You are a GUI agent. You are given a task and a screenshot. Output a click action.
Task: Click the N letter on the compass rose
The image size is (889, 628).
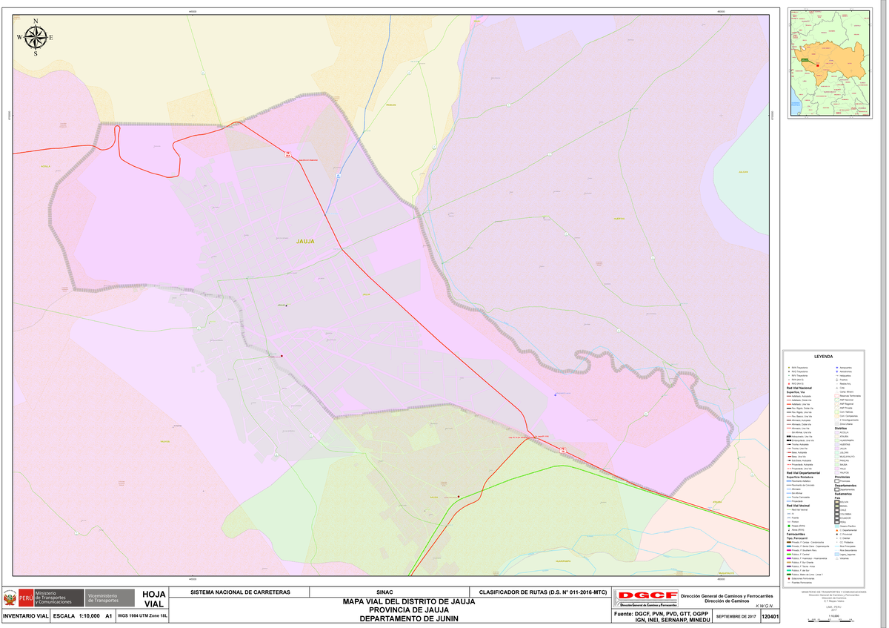(36, 21)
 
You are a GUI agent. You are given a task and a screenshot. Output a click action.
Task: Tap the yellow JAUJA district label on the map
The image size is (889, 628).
(305, 241)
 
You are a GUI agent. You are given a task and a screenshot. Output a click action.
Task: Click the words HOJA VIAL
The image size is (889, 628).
(153, 599)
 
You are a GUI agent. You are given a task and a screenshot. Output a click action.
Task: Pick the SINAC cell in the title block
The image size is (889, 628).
(384, 592)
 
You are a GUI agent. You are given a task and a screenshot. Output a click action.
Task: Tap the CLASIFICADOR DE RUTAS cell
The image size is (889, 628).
(543, 592)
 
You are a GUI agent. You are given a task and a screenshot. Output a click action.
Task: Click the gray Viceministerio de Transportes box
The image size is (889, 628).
(108, 598)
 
